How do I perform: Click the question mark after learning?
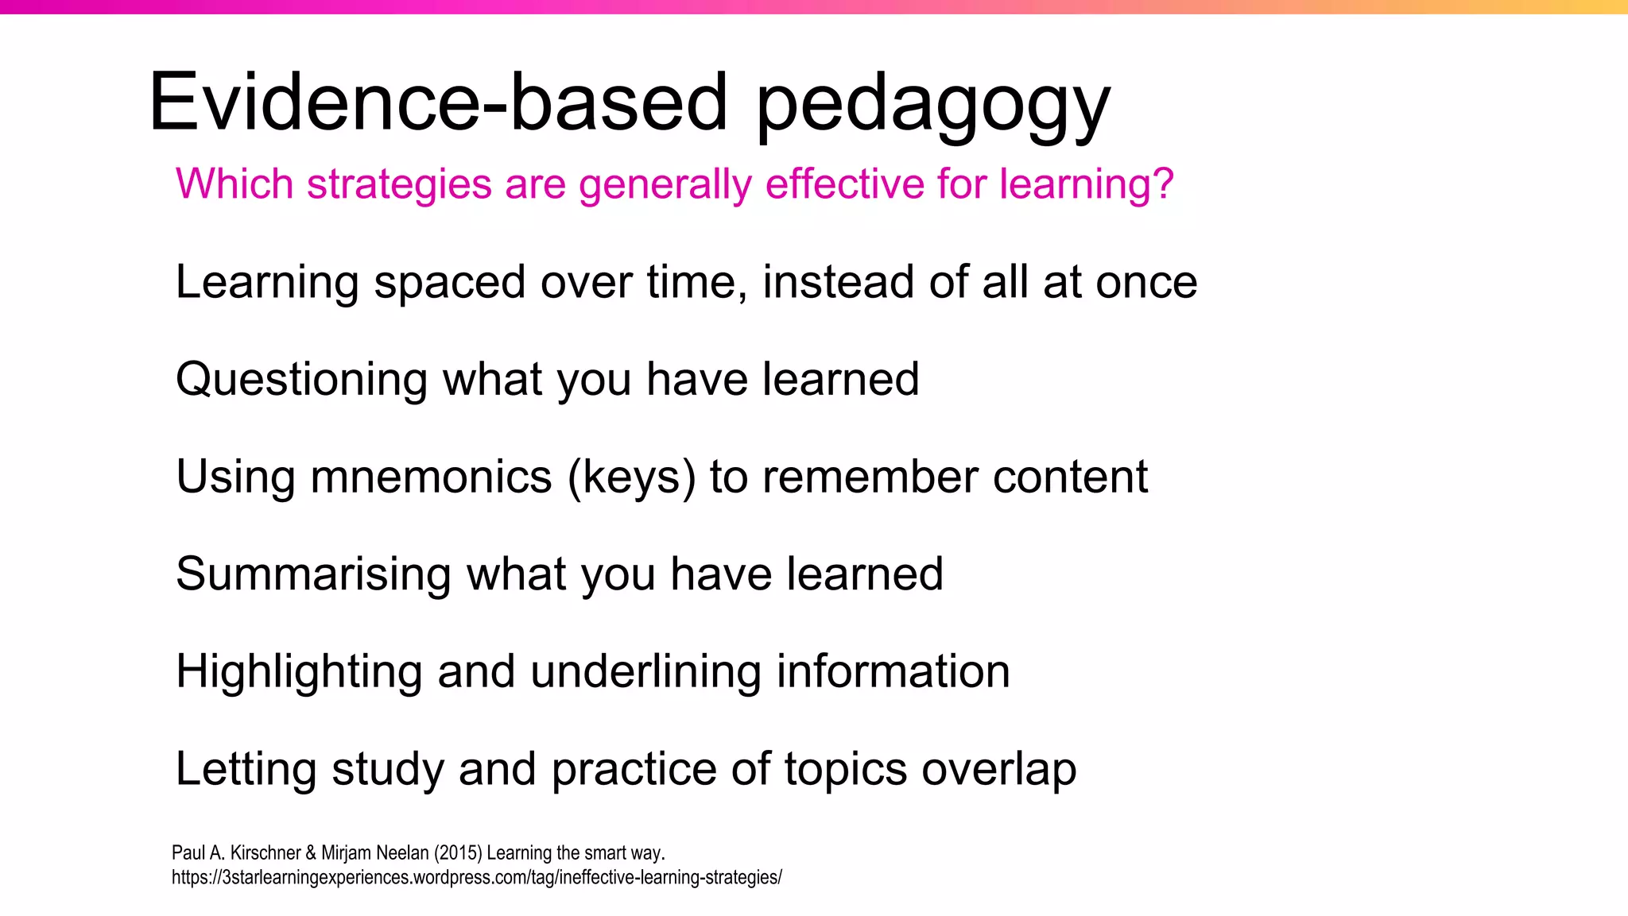1163,184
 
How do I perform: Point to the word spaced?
450,284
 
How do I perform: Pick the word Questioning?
301,381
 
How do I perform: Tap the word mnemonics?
431,477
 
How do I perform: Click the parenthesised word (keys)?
631,478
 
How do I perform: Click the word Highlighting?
299,673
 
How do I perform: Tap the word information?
893,671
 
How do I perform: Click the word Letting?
246,771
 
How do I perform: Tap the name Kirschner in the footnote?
266,853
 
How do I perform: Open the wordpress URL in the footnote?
476,878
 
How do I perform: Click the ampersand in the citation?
311,853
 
